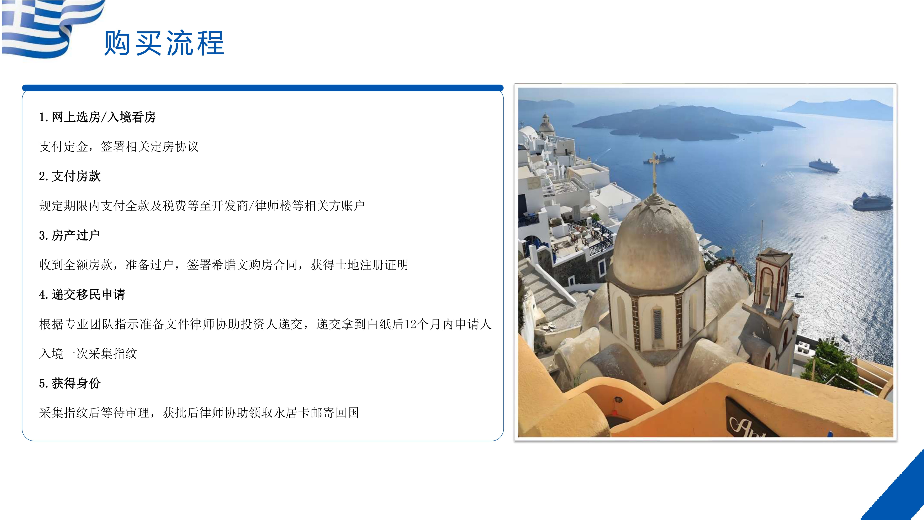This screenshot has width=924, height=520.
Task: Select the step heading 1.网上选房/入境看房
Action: (97, 117)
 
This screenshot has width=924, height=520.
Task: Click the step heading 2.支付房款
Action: (70, 176)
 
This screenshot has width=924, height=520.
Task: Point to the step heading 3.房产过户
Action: (70, 235)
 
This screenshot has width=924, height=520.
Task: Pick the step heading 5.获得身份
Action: (70, 383)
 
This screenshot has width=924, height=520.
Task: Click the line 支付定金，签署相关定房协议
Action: (119, 146)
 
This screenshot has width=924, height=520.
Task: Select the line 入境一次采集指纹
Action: (88, 354)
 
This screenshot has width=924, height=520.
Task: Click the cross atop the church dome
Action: (654, 169)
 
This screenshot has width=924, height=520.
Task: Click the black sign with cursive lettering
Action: (750, 420)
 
